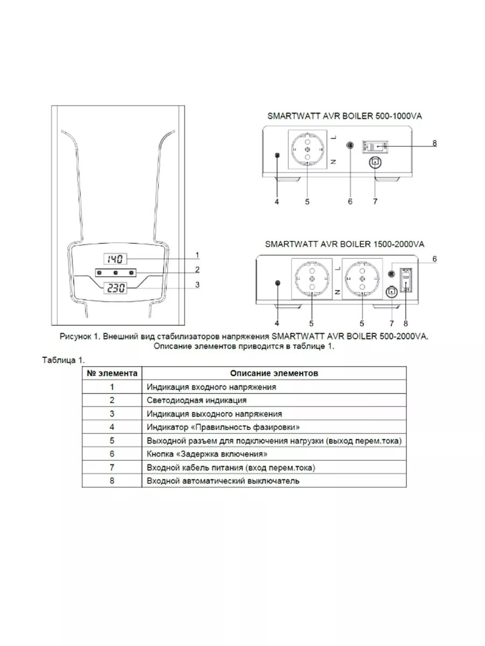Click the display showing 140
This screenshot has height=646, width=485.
(x=114, y=259)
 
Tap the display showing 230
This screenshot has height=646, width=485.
(x=114, y=289)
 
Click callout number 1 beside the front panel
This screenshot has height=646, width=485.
(x=198, y=254)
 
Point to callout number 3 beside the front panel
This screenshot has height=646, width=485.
(x=198, y=285)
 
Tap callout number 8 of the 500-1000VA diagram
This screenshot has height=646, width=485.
(x=434, y=144)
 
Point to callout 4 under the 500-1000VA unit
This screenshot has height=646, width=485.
(x=276, y=201)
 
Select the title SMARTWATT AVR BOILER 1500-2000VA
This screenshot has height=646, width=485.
(x=344, y=244)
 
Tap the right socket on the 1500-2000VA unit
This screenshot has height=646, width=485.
(x=362, y=278)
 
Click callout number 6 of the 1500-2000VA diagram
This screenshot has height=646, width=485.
(x=434, y=259)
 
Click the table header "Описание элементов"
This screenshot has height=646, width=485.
(x=274, y=373)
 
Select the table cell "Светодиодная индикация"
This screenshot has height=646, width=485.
(x=197, y=400)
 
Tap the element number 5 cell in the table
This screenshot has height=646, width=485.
(x=112, y=440)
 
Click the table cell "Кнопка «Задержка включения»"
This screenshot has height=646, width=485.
(x=207, y=454)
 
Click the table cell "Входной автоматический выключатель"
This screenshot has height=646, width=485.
(x=223, y=481)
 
